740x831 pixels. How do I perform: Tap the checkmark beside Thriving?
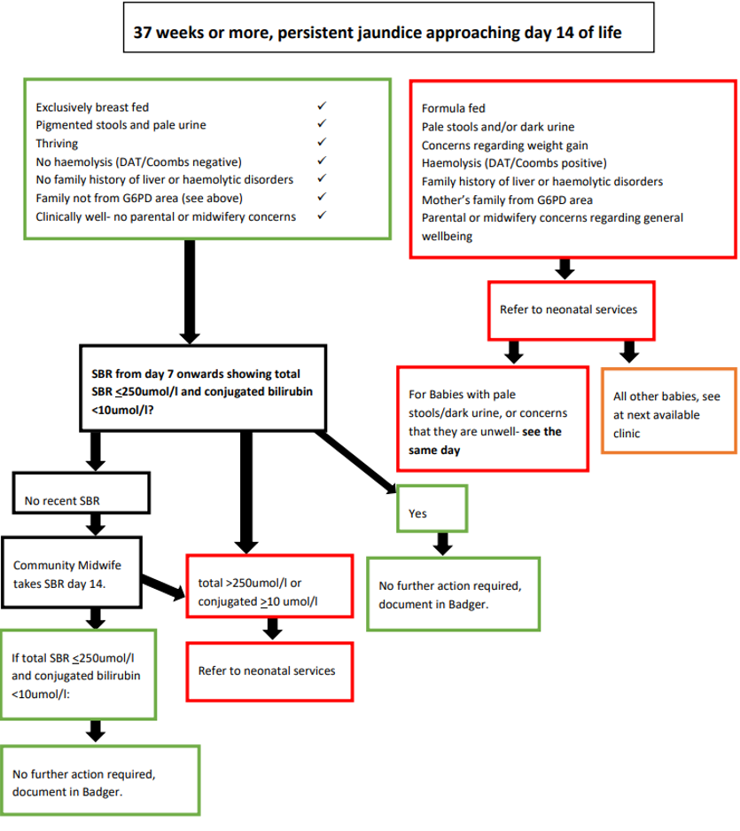click(x=323, y=143)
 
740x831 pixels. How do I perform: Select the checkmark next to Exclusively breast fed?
click(x=323, y=106)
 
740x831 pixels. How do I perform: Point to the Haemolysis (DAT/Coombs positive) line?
click(x=514, y=162)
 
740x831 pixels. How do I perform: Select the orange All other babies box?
click(x=668, y=409)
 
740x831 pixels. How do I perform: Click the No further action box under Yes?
click(x=453, y=593)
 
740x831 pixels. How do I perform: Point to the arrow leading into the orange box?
click(x=629, y=352)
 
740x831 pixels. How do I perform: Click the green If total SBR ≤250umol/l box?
click(x=80, y=673)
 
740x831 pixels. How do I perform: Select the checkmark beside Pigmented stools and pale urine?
click(x=323, y=124)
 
